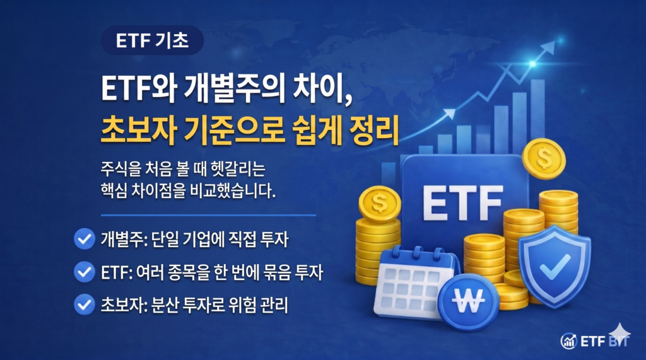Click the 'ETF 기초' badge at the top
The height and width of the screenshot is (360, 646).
pyautogui.click(x=152, y=40)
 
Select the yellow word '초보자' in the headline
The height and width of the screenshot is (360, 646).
pyautogui.click(x=139, y=130)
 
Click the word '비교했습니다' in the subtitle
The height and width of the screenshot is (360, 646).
pyautogui.click(x=232, y=190)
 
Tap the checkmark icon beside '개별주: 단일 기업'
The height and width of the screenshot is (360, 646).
pyautogui.click(x=85, y=239)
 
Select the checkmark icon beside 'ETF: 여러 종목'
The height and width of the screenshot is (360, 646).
pyautogui.click(x=85, y=272)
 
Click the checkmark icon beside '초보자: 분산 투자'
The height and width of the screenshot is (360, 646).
pyautogui.click(x=85, y=305)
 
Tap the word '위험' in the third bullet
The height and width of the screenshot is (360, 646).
pyautogui.click(x=243, y=305)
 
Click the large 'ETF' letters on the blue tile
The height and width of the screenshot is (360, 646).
pyautogui.click(x=462, y=203)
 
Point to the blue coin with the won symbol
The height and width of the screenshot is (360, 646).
pyautogui.click(x=468, y=302)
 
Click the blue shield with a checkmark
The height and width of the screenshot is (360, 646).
pyautogui.click(x=555, y=265)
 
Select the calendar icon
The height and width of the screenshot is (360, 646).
pyautogui.click(x=414, y=282)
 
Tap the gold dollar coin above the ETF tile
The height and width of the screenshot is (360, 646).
pyautogui.click(x=544, y=159)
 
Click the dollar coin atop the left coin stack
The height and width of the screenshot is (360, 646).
pyautogui.click(x=379, y=204)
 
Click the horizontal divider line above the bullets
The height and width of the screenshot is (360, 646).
pyautogui.click(x=208, y=215)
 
